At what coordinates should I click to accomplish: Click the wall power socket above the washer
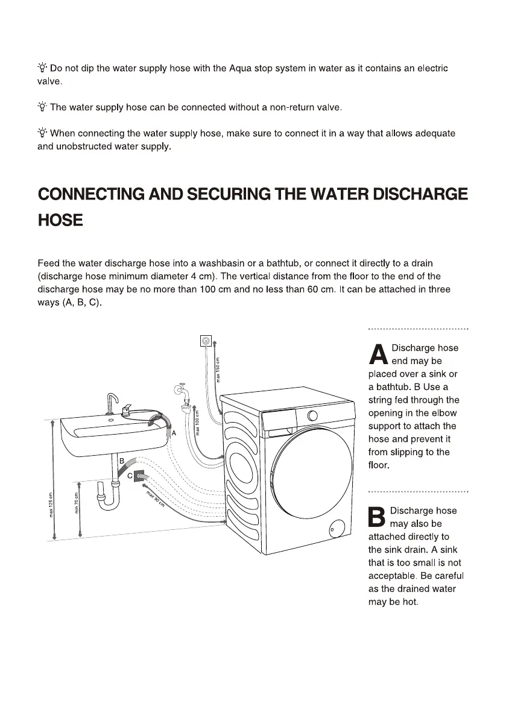point(207,342)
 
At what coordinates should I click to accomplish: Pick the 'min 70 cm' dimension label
point(77,500)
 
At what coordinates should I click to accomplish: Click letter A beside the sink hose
point(174,433)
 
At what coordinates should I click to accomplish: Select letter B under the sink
point(121,461)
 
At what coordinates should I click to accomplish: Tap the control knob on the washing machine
point(312,415)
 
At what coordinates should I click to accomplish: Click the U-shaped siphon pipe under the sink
point(109,497)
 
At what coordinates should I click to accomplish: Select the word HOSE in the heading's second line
point(60,221)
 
